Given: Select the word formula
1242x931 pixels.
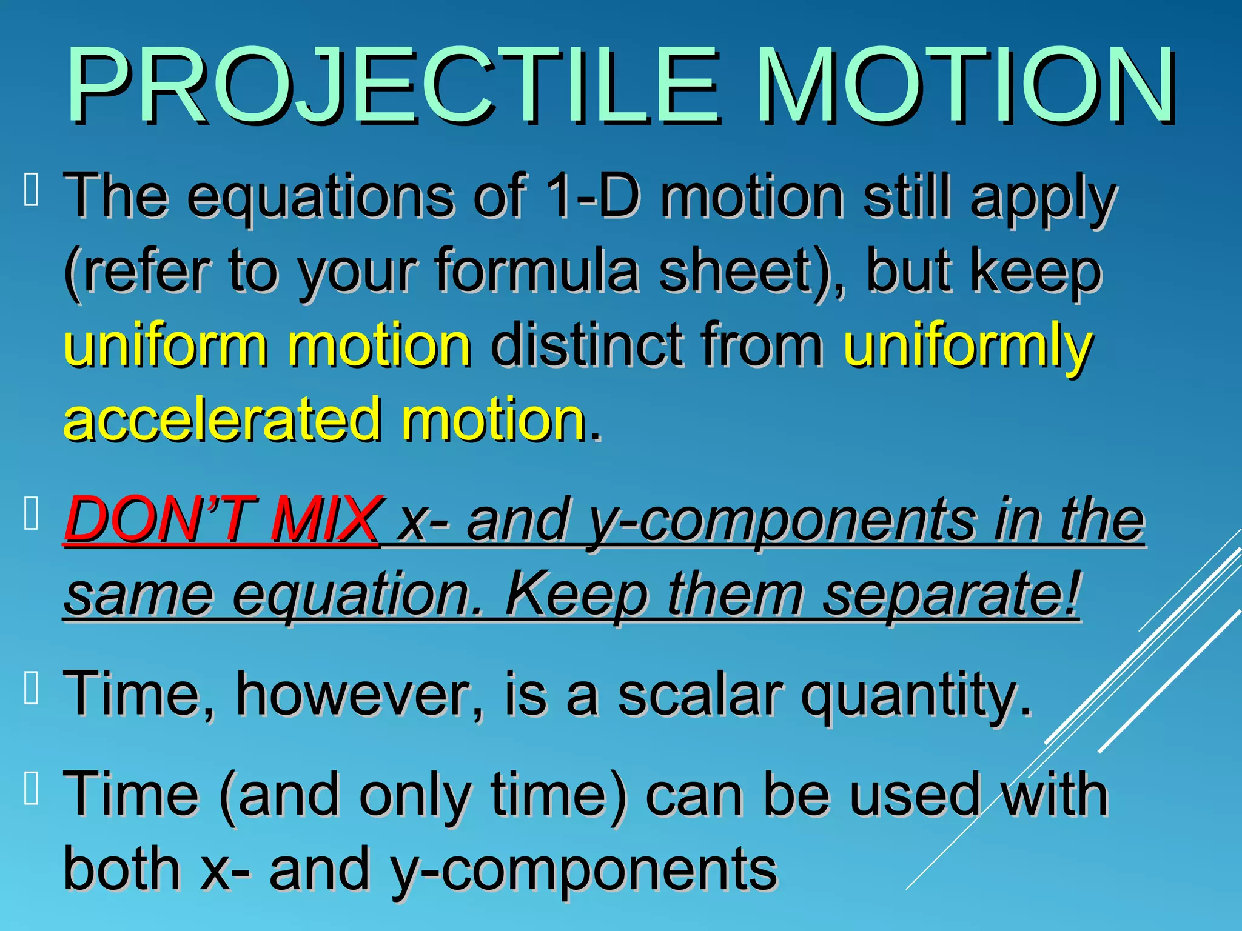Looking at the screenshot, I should pyautogui.click(x=536, y=270).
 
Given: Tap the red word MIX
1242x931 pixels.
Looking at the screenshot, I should pyautogui.click(x=325, y=519).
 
